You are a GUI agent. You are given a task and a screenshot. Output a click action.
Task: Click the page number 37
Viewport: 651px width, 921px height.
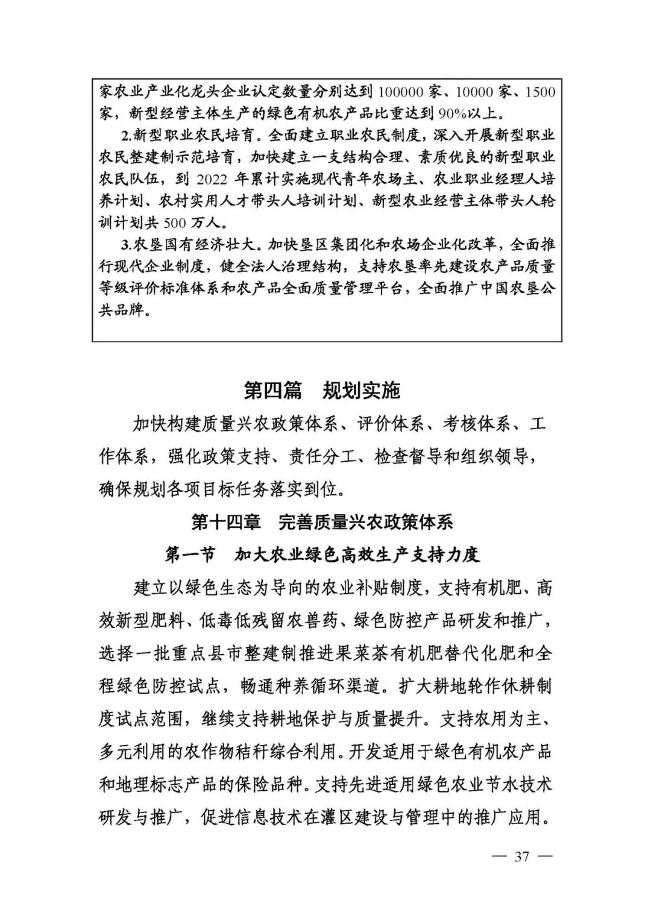click(x=521, y=857)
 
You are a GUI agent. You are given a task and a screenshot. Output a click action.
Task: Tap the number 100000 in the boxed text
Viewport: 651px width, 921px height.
click(x=403, y=93)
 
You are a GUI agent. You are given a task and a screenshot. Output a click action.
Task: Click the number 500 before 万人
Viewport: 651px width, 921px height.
click(x=174, y=223)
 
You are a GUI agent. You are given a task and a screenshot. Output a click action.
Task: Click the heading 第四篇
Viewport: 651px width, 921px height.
click(x=272, y=391)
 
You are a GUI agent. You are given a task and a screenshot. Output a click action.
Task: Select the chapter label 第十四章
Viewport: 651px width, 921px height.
click(x=226, y=522)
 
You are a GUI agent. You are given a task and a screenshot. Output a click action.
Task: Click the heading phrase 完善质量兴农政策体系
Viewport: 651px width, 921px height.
click(x=366, y=522)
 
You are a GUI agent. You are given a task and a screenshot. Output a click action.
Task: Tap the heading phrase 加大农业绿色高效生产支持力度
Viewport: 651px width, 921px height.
click(x=357, y=555)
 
